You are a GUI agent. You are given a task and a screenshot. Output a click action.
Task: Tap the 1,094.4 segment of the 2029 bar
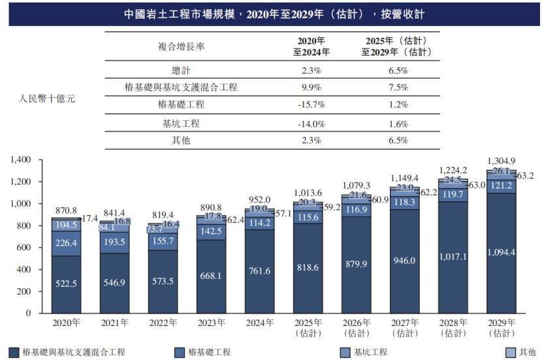click(x=500, y=252)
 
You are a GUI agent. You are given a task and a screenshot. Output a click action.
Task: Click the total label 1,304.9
click(x=500, y=161)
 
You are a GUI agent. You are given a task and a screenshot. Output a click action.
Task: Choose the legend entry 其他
click(x=527, y=352)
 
